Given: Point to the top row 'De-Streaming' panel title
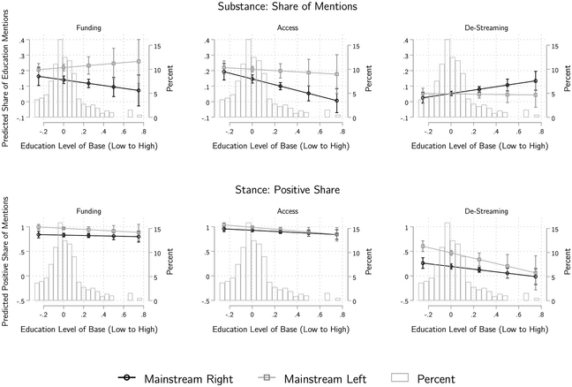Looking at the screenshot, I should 466,28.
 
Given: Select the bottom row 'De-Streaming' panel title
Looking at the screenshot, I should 466,213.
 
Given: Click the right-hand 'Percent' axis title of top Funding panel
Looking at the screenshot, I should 169,79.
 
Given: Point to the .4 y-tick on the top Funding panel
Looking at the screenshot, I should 25,41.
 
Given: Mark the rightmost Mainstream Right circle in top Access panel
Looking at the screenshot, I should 336,100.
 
